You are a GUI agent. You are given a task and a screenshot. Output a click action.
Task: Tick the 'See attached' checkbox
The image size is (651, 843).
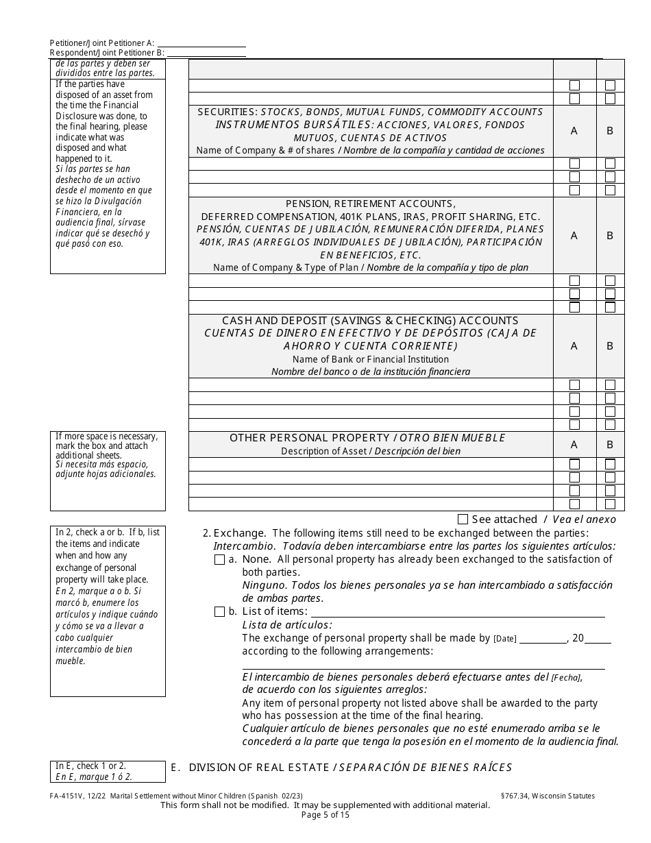(463, 520)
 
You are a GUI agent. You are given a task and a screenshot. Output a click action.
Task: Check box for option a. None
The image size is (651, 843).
(219, 560)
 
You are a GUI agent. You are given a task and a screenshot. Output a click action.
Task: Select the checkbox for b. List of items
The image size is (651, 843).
(219, 611)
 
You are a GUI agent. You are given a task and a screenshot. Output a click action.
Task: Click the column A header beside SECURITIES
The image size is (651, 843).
(574, 131)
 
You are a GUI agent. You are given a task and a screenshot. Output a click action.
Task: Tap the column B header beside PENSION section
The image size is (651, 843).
(610, 236)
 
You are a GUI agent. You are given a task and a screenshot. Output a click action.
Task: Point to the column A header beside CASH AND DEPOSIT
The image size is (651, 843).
(574, 346)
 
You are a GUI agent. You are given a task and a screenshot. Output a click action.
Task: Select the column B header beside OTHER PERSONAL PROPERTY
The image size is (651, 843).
(610, 444)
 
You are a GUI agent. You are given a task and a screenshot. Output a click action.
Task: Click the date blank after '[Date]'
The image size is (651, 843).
(543, 639)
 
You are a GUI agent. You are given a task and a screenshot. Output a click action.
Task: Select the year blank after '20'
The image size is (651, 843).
(598, 639)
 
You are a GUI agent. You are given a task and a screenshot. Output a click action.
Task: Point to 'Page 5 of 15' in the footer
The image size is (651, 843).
(325, 815)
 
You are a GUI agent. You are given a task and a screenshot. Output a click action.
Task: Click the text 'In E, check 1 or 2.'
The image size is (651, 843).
(90, 766)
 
